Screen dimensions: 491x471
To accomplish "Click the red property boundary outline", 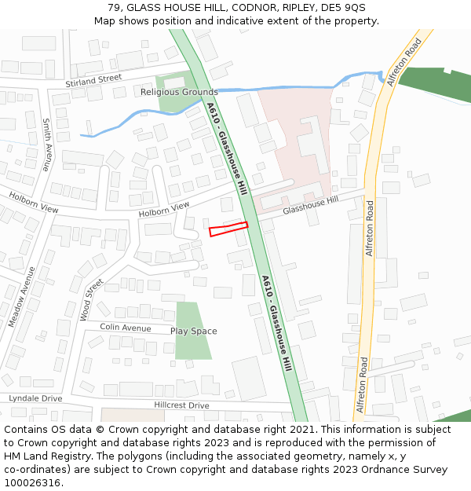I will point(228,229).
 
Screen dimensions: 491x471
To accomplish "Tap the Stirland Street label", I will point(94,79).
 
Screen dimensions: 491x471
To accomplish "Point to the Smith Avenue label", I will point(46,145).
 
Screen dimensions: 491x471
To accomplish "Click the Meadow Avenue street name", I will point(22,296).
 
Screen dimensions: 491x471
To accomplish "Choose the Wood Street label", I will point(91,299).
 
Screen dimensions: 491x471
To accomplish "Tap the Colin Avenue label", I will point(126,328).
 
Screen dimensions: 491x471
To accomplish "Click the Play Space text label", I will point(193,331).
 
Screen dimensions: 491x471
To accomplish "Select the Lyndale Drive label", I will point(35,398).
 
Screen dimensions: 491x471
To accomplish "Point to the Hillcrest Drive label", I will point(181,405).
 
